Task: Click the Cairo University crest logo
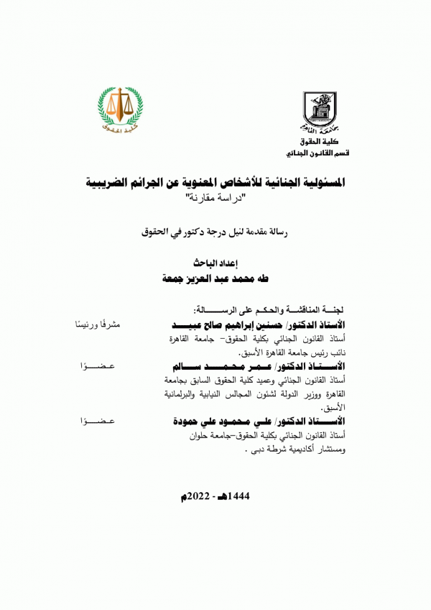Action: click(318, 112)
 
